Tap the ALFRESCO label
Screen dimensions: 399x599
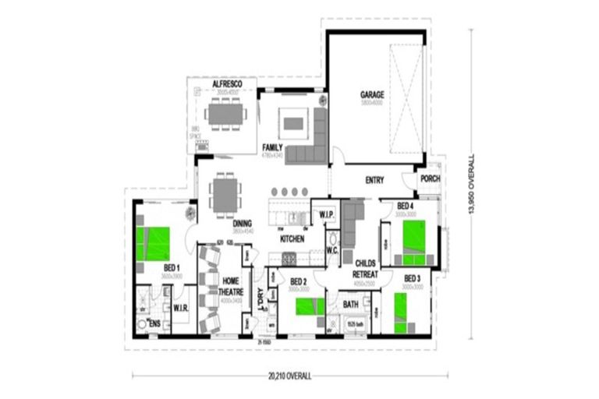click(x=227, y=83)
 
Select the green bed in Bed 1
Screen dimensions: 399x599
click(x=154, y=243)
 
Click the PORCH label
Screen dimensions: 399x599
click(x=430, y=178)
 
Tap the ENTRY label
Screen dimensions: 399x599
click(x=374, y=181)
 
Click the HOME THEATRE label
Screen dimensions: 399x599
click(x=231, y=286)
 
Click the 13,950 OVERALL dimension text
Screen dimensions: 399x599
click(x=471, y=185)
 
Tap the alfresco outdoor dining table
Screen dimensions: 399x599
click(x=227, y=115)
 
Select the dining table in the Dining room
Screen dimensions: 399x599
click(x=225, y=194)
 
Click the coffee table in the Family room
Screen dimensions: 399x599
click(x=293, y=123)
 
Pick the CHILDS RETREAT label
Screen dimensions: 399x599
click(x=366, y=270)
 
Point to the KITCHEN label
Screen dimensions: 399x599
click(x=292, y=238)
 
